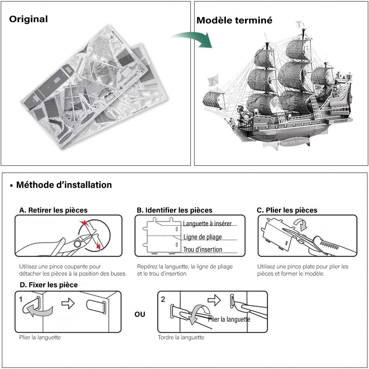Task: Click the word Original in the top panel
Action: point(28,19)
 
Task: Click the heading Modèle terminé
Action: point(234,20)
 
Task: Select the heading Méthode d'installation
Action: point(63,185)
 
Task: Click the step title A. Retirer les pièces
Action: point(54,210)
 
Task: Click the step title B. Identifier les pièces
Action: point(175,210)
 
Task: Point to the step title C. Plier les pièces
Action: point(287,210)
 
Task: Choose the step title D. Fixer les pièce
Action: point(48,285)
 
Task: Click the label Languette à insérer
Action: point(207,224)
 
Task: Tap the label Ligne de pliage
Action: point(203,237)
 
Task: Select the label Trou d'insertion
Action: point(203,249)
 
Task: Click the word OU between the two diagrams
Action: point(140,314)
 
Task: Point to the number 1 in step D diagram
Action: point(21,299)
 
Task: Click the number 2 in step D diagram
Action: point(163,299)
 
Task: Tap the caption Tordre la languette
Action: point(181,337)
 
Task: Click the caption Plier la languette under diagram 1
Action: point(40,337)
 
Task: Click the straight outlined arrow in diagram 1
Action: point(68,304)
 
